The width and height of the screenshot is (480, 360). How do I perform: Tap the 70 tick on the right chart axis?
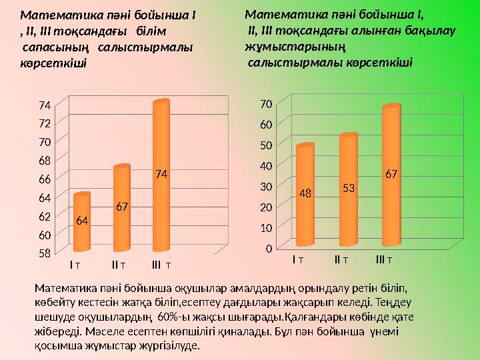pos(265,104)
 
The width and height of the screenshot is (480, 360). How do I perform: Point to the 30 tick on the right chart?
pos(265,187)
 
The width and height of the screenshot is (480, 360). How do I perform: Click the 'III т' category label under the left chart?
pos(161,265)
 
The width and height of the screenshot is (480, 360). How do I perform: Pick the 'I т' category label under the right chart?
pos(298,259)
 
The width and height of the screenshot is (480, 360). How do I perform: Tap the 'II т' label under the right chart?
pos(341,259)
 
